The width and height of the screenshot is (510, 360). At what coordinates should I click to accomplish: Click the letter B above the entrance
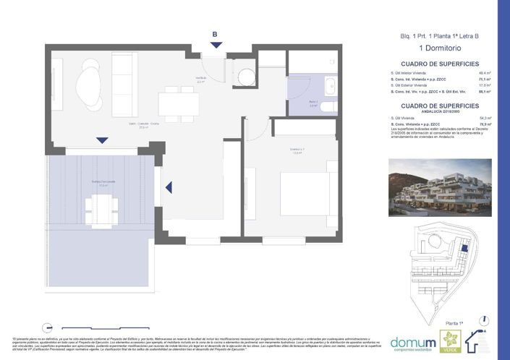pyautogui.click(x=214, y=34)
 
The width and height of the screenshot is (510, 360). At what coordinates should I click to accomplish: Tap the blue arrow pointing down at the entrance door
pyautogui.click(x=214, y=45)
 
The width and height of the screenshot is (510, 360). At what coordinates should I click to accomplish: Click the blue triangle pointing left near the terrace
pyautogui.click(x=169, y=188)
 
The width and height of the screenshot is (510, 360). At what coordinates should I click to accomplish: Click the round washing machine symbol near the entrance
pyautogui.click(x=245, y=77)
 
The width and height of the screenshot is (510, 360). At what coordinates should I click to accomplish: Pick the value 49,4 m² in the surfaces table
pyautogui.click(x=484, y=74)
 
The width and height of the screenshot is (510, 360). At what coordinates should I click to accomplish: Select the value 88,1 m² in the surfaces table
pyautogui.click(x=484, y=93)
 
